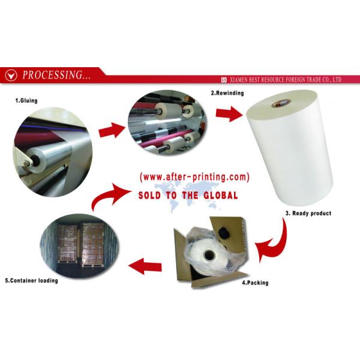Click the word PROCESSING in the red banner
point(53,75)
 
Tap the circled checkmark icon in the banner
point(11,75)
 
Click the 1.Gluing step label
point(26,101)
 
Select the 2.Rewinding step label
point(227,93)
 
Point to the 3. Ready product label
point(308,213)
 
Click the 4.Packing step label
point(255,283)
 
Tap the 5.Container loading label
point(31,281)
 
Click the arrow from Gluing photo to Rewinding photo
point(112,130)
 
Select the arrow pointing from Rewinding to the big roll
point(229,114)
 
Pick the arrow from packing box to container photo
point(145,266)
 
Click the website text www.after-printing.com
point(194,177)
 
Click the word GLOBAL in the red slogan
point(221,196)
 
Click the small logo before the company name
point(224,80)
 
